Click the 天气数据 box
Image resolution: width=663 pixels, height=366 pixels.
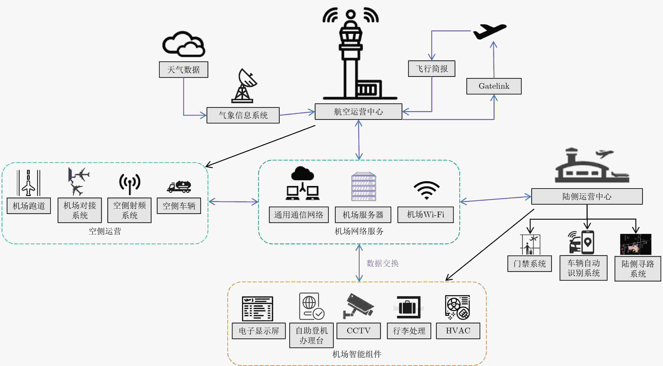[184, 70]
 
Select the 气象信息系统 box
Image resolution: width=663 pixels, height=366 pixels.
[243, 115]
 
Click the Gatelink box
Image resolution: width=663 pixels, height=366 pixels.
[494, 86]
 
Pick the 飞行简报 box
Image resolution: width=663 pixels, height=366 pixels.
[432, 69]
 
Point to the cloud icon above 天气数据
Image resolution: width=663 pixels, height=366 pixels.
[184, 44]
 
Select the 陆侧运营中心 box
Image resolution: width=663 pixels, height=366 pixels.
[587, 196]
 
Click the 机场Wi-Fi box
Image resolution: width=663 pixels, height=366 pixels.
[425, 215]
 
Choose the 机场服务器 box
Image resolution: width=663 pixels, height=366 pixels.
[363, 215]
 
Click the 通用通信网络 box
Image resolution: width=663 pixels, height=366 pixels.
[298, 215]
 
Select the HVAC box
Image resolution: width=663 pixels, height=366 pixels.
[458, 331]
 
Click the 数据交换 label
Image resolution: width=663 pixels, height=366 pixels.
[383, 263]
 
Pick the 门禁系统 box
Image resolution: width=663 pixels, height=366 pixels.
[529, 263]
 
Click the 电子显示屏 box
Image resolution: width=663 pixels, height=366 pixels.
[259, 331]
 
